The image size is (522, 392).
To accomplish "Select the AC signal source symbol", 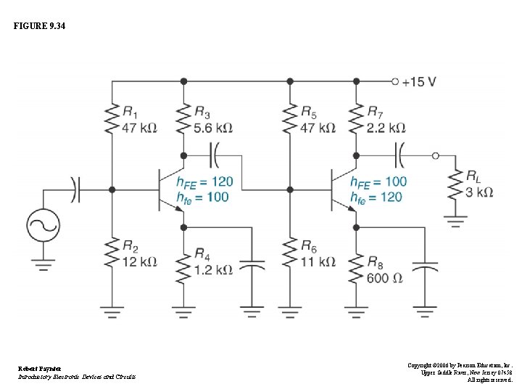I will click(43, 226).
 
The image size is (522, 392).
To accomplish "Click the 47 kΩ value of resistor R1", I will click(139, 128).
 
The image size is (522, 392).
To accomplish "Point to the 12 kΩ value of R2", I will click(139, 261).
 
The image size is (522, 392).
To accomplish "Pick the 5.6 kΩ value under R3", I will click(213, 128).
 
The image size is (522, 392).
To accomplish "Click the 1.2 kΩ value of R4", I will click(213, 269).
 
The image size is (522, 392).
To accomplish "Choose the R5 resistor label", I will click(308, 112).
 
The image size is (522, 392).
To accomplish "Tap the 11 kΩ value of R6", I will click(318, 261).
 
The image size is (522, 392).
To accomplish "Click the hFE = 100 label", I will click(378, 181).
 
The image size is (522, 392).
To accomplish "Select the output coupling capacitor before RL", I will click(399, 155).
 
